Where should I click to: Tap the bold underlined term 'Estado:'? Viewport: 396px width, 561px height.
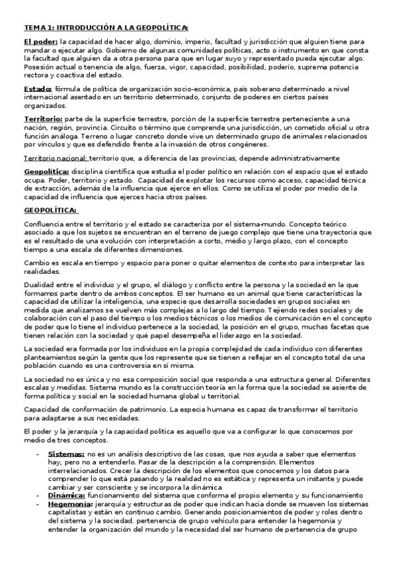[38, 89]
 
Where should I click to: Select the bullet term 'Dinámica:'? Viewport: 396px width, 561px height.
[66, 495]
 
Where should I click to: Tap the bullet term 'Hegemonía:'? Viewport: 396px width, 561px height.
[69, 503]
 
